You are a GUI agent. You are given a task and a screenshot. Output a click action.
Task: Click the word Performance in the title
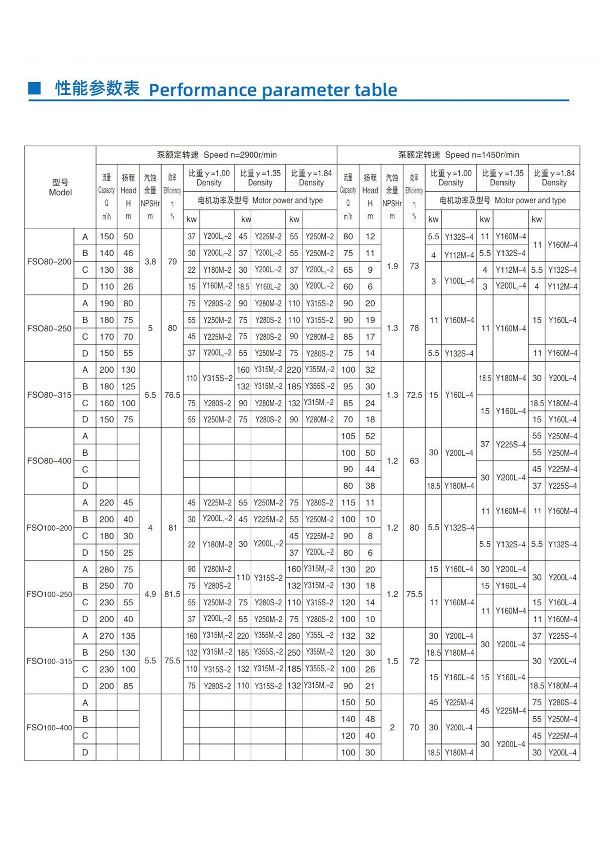coord(204,90)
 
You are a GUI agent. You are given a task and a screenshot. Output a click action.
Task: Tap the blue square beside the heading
coord(34,88)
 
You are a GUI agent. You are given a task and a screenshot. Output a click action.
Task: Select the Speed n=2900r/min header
coord(216,155)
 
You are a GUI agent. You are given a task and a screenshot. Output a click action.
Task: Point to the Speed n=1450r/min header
coord(458,155)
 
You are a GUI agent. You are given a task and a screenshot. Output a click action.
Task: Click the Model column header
coord(60,187)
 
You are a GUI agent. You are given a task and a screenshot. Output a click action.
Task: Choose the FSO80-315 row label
coord(49,395)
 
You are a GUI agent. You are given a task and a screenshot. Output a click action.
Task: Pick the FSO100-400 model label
coord(49,727)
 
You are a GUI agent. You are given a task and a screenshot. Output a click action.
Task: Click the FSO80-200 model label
coord(49,262)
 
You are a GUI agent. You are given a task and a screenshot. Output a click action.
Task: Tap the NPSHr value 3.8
coord(150,262)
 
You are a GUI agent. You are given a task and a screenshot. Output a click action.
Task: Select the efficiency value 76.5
coord(172,395)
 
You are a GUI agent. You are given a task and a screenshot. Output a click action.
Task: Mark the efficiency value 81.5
coord(172,594)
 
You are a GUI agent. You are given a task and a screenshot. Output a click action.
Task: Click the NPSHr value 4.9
coord(150,594)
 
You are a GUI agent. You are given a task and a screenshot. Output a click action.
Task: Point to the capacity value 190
coord(107,303)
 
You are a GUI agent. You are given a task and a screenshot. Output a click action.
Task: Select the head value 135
coord(128,636)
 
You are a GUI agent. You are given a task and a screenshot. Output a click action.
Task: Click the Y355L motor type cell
coord(320,636)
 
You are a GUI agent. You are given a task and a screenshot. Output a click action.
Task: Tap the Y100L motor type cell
coord(459,281)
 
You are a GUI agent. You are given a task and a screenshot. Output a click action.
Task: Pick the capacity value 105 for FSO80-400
coord(348,436)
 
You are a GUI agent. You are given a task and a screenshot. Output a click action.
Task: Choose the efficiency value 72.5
coord(414,395)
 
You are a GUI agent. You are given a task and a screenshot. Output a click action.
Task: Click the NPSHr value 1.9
coord(392,266)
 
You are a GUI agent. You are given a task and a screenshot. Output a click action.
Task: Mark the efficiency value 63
coord(414,461)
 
